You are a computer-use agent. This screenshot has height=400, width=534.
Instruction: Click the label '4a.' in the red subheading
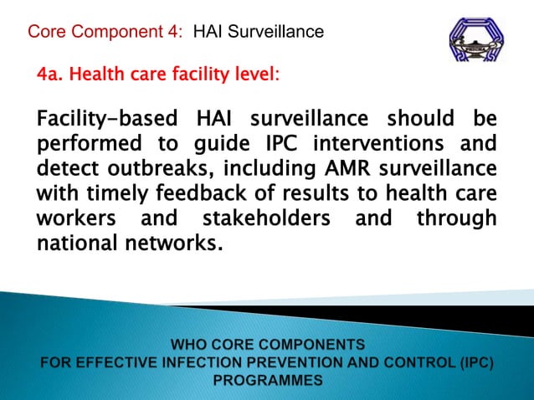49,76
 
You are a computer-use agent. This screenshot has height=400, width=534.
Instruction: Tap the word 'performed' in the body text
86,142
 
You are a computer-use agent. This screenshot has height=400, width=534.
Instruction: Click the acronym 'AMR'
336,167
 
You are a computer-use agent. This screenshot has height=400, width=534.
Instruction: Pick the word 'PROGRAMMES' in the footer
267,380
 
